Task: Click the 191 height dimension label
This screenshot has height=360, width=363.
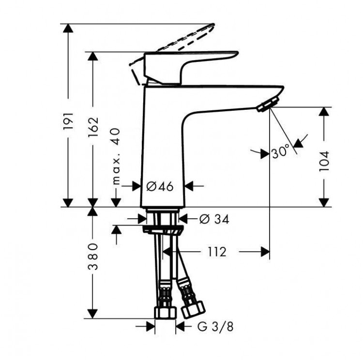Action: coord(69,120)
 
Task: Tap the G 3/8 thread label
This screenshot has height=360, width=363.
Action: coord(215,327)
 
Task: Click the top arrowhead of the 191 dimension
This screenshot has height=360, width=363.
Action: coord(69,28)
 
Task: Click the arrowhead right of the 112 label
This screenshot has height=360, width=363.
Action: coord(263,252)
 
